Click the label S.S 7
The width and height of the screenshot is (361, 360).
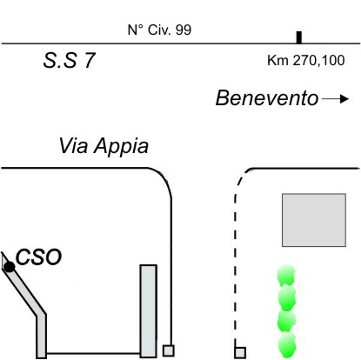point(69,61)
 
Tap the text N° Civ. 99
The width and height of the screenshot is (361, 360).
point(159,30)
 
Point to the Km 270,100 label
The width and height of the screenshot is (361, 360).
point(306,61)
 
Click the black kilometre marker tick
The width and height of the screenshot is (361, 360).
point(299,37)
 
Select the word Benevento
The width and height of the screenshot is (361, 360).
point(267,98)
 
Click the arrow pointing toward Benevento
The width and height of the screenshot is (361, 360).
point(335,99)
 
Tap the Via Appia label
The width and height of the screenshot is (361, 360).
point(104,146)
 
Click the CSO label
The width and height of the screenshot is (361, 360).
point(38,257)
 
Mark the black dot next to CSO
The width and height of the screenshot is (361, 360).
point(10,267)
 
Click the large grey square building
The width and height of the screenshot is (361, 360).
point(314,220)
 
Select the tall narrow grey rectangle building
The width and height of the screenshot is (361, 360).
point(149,311)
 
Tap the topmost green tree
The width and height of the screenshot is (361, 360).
point(286,275)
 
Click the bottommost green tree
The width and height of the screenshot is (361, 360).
point(287,345)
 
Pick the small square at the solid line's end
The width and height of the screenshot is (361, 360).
point(168,350)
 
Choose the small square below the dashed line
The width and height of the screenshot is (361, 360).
point(240,353)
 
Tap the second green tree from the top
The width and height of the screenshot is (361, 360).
point(286,298)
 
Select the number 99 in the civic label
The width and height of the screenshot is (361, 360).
point(184,30)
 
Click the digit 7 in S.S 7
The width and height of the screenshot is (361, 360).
point(90,61)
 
